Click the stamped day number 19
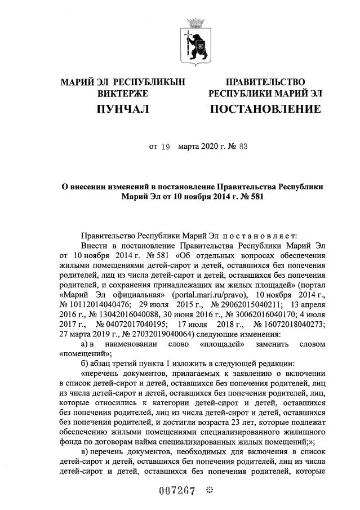click(165, 147)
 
